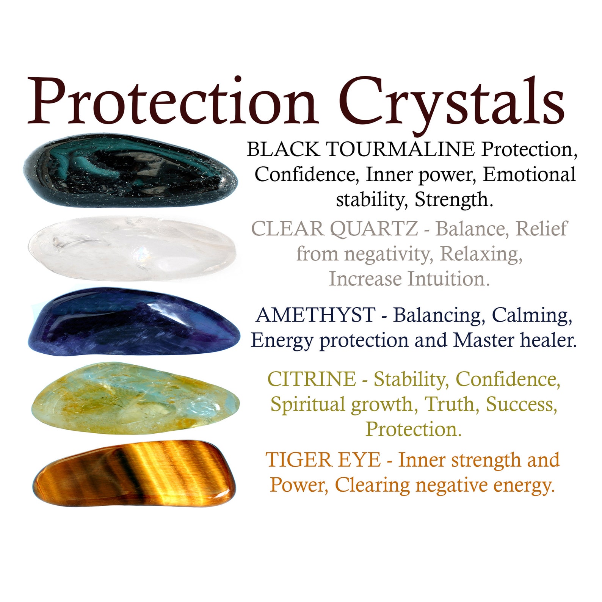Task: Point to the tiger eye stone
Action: pyautogui.click(x=135, y=474)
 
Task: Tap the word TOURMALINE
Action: pyautogui.click(x=400, y=149)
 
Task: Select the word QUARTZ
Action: pyautogui.click(x=374, y=229)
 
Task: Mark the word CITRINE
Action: pyautogui.click(x=312, y=379)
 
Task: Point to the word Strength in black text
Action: pyautogui.click(x=453, y=199)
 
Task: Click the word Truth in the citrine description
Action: pyautogui.click(x=450, y=404)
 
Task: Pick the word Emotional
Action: pyautogui.click(x=529, y=174)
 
